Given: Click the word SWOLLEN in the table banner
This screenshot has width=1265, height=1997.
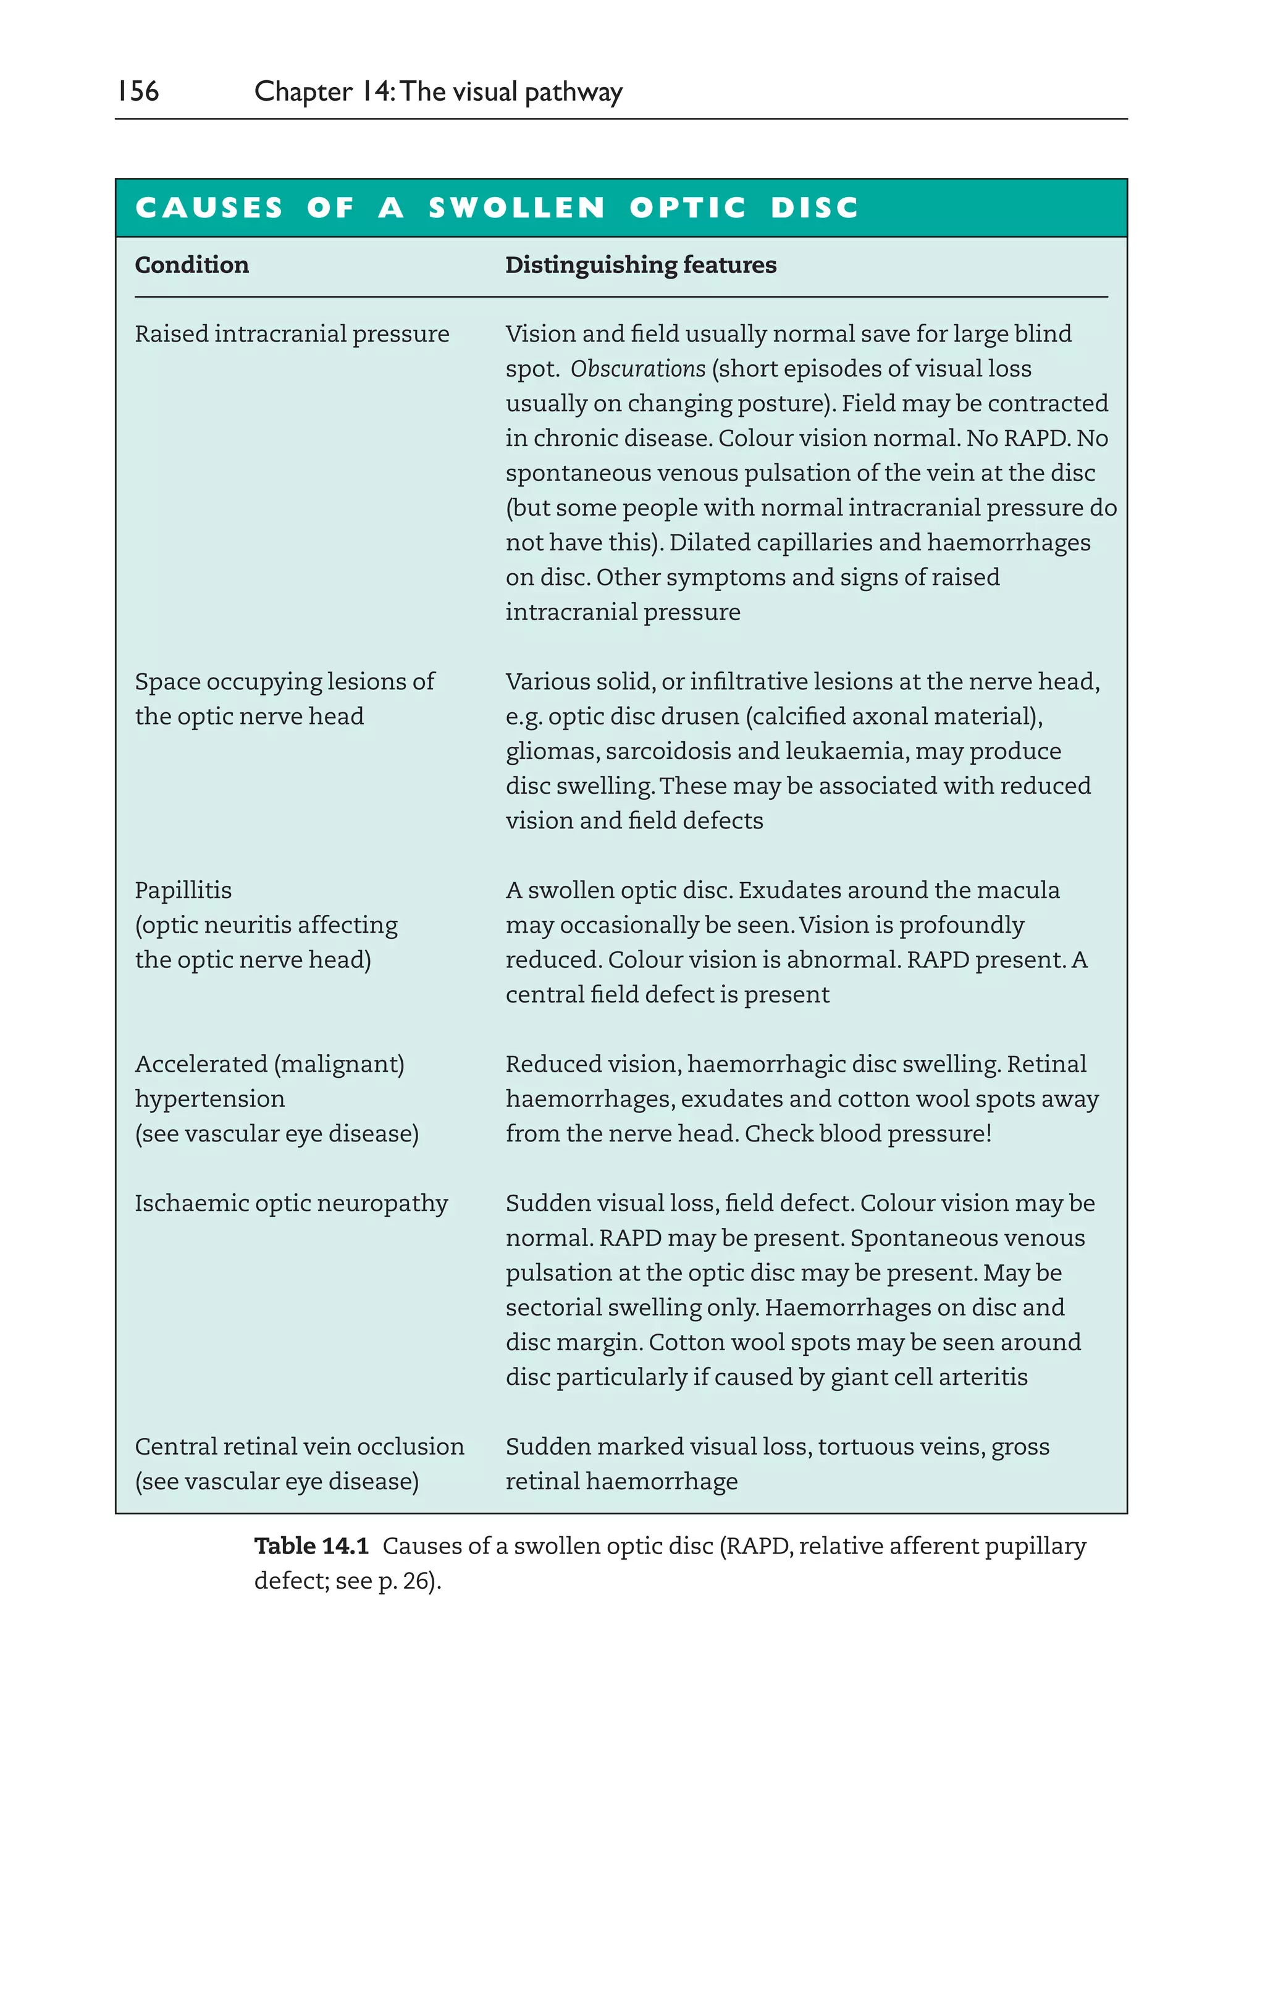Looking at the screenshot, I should coord(517,208).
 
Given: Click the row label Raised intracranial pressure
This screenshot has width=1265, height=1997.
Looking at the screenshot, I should coord(292,334).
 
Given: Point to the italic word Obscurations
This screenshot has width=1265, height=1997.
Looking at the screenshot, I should coord(637,369).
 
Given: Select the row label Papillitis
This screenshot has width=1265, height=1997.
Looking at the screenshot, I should coord(183,891).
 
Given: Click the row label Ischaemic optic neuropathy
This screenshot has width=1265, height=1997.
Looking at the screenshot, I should coord(291,1203).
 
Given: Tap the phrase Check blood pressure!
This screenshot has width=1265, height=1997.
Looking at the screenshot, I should coord(868,1133).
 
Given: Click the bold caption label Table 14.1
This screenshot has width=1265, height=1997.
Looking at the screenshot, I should coord(311,1546).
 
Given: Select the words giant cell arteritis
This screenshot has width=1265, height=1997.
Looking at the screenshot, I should coord(929,1377).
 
